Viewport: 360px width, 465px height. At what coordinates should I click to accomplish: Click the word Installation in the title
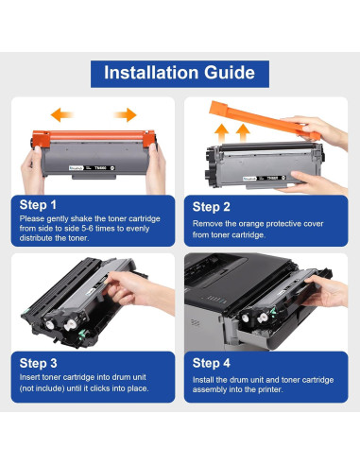pyautogui.click(x=151, y=73)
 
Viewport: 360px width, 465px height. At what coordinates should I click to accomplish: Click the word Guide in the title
pyautogui.click(x=230, y=73)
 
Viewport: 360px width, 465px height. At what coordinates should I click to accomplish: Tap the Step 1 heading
pyautogui.click(x=38, y=205)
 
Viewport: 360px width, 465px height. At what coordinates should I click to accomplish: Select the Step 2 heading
pyautogui.click(x=211, y=207)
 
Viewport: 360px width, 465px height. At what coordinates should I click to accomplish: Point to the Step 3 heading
pyautogui.click(x=38, y=363)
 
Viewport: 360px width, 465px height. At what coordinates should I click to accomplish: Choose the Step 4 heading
pyautogui.click(x=212, y=363)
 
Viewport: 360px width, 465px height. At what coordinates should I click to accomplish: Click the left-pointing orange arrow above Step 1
pyautogui.click(x=62, y=114)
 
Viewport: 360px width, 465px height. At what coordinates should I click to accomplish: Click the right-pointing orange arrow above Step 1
pyautogui.click(x=125, y=114)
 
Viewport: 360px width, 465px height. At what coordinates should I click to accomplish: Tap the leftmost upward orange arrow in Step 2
pyautogui.click(x=222, y=133)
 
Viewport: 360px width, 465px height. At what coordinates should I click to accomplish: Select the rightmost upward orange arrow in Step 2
pyautogui.click(x=243, y=133)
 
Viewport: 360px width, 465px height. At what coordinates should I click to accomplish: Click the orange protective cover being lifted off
pyautogui.click(x=264, y=120)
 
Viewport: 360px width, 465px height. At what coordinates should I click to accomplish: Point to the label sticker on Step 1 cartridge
pyautogui.click(x=92, y=168)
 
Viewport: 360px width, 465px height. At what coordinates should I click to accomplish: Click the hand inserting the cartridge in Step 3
pyautogui.click(x=140, y=291)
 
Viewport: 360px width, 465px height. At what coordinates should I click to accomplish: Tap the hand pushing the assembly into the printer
pyautogui.click(x=325, y=291)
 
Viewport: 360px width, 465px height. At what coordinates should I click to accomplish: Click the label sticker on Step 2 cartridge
pyautogui.click(x=265, y=179)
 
